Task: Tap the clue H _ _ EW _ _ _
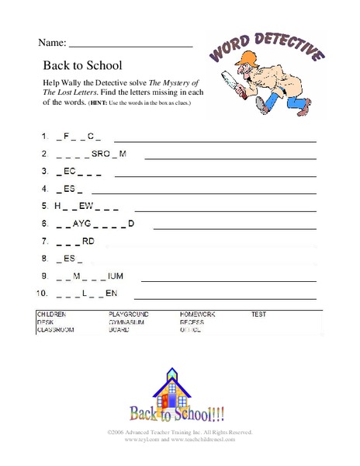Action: [x=85, y=206]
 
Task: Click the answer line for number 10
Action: [x=225, y=297]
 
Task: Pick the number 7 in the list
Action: [x=46, y=241]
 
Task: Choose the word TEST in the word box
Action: [x=258, y=315]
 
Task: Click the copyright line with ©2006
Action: [x=180, y=432]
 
